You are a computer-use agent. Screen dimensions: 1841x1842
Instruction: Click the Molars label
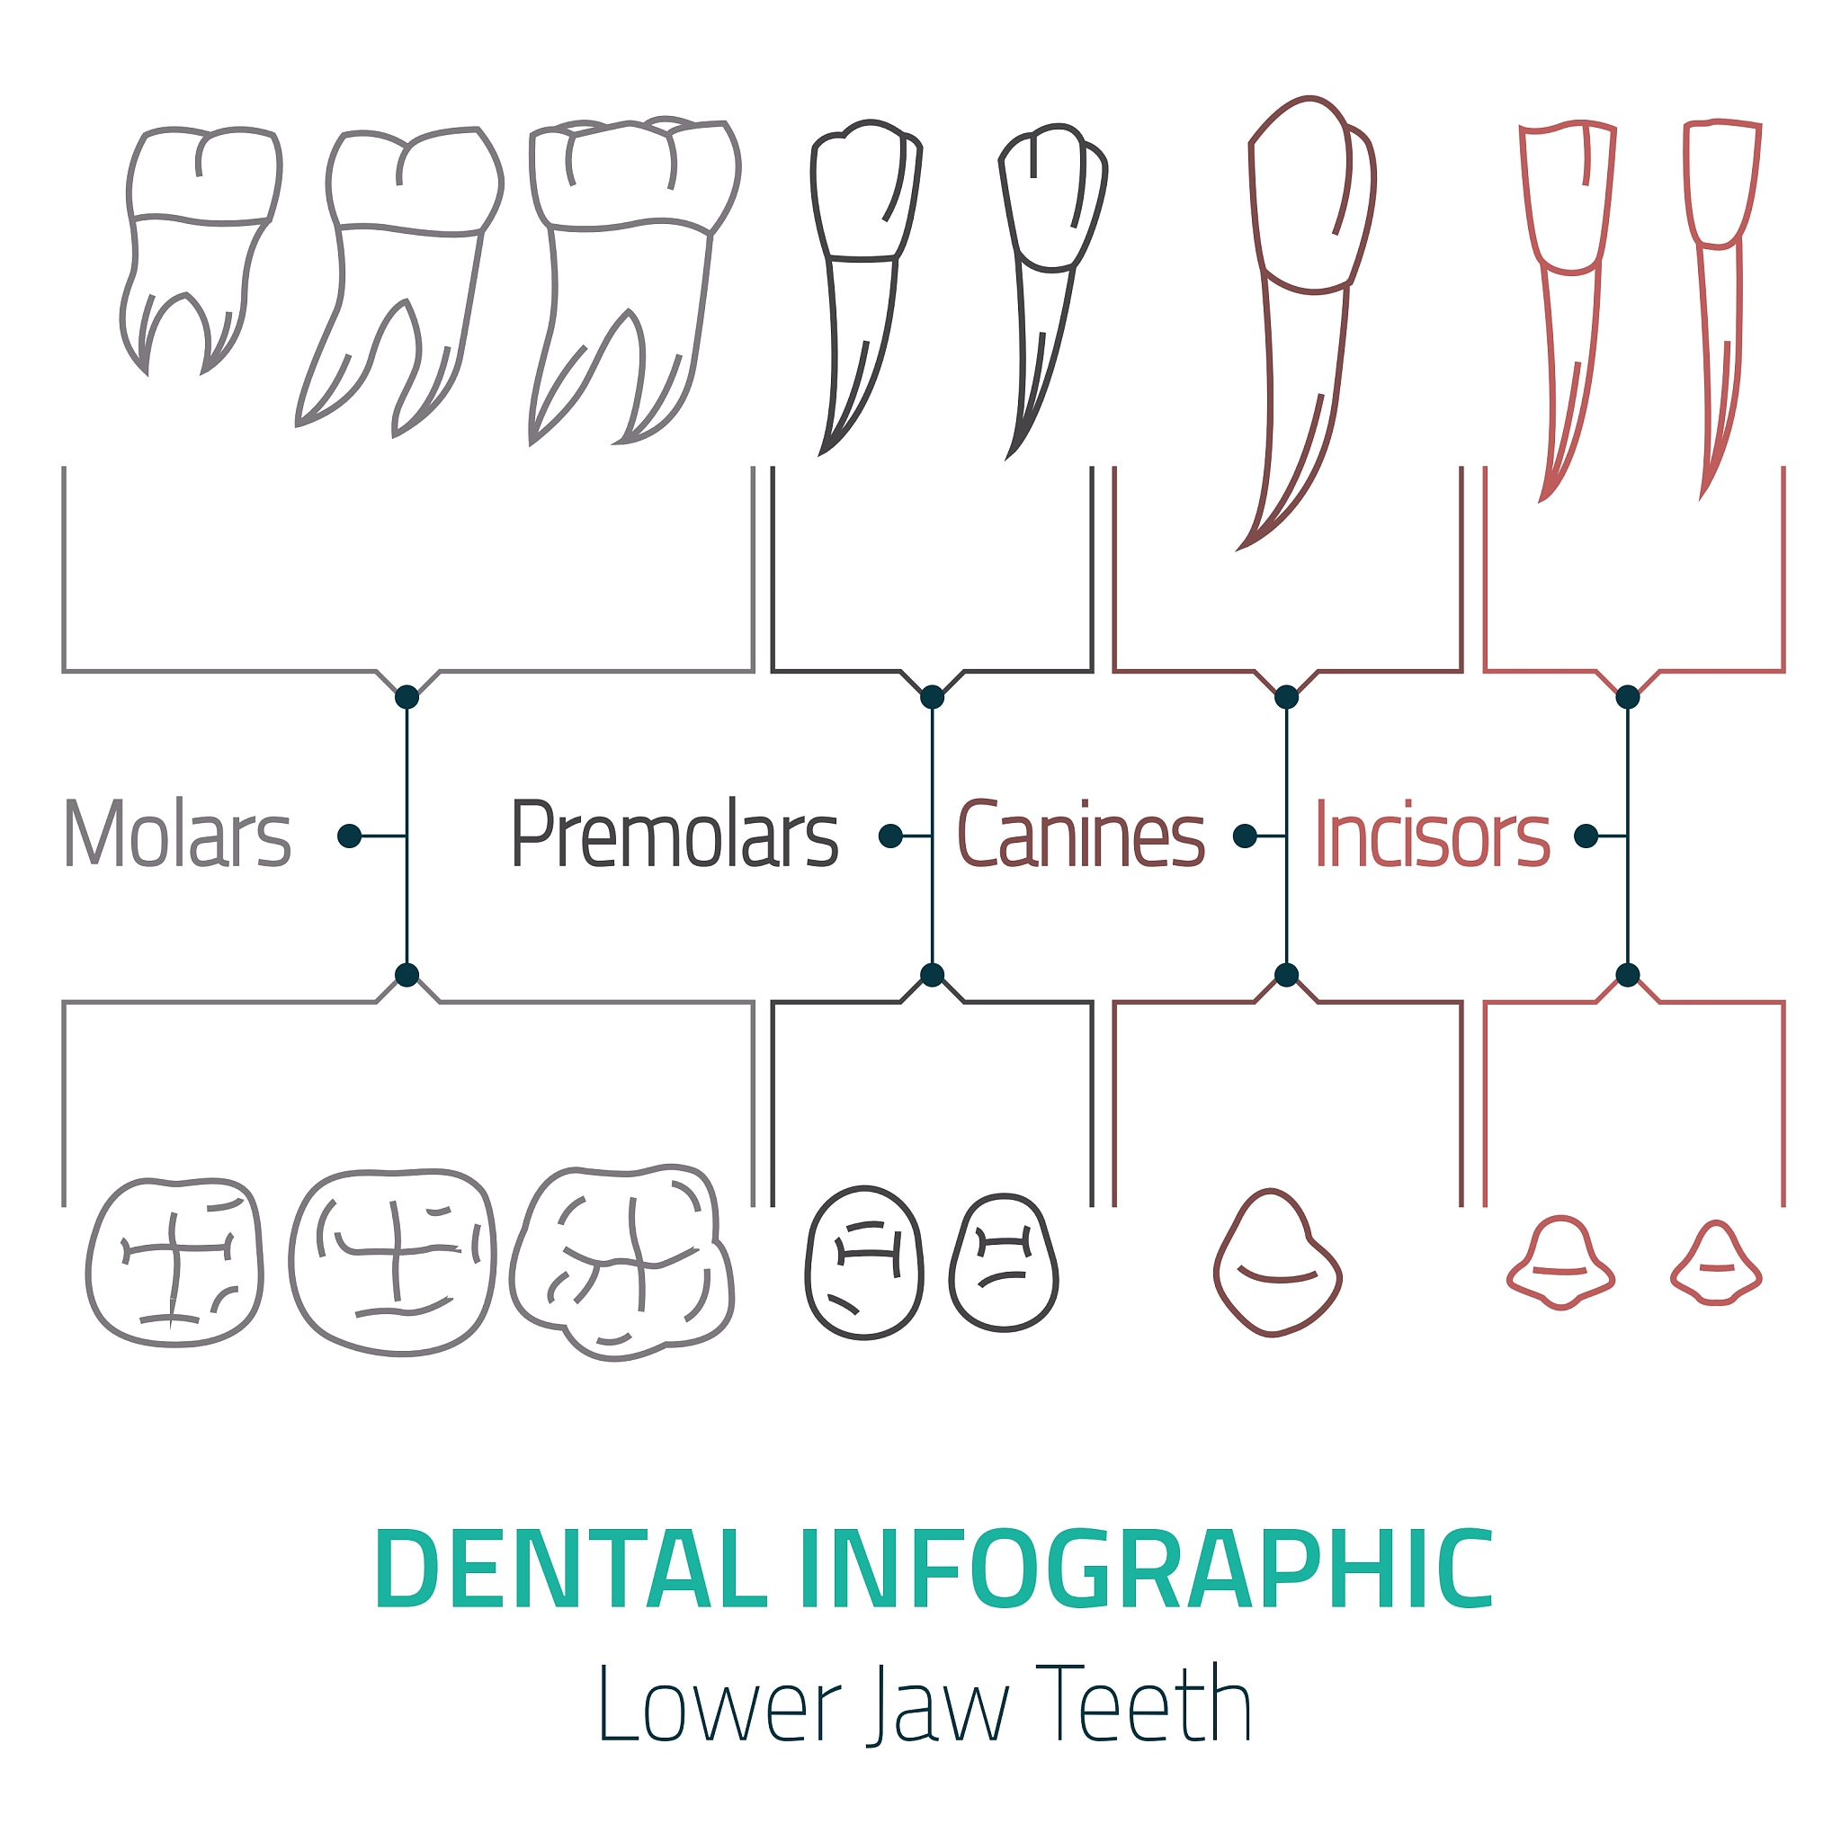(177, 836)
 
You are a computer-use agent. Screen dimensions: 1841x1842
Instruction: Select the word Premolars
(675, 836)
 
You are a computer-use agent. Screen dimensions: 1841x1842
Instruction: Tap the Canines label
(1081, 836)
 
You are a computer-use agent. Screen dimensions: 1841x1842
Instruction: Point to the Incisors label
(1433, 836)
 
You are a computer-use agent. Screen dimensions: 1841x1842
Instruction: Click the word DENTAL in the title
(571, 1569)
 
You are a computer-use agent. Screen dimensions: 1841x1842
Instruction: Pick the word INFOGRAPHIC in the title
(1146, 1569)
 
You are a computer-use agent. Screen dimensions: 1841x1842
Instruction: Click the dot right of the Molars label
(349, 836)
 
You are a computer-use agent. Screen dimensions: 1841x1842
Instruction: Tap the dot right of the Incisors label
(1586, 836)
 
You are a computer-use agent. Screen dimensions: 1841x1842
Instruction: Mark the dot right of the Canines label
(1244, 836)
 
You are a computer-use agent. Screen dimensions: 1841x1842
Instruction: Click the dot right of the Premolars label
(890, 836)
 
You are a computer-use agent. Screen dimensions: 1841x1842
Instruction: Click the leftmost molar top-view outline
(175, 1262)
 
